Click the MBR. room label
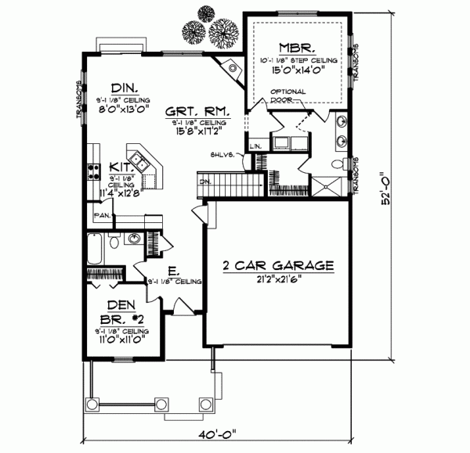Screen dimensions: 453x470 299,45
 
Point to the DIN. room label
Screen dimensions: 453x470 125,88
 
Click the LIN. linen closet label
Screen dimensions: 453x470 255,146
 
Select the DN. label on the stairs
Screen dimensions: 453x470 205,182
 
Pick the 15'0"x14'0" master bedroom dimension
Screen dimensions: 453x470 298,70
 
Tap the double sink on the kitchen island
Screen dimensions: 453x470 140,160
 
